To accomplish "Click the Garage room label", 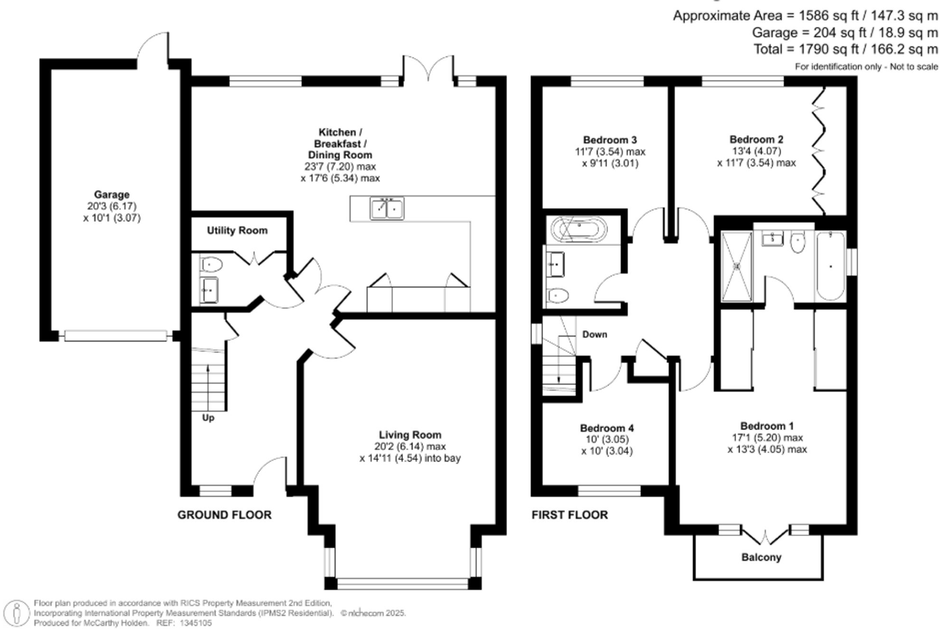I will [111, 194].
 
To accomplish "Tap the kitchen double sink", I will [387, 209].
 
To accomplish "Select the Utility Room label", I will [237, 231].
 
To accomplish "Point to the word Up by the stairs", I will [208, 418].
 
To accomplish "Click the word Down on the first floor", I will [594, 335].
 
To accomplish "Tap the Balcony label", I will [761, 557].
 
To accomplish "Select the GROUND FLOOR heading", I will [224, 515].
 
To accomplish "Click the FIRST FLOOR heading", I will [570, 515].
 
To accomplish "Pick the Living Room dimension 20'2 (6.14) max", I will [410, 446].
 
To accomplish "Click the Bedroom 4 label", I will [607, 428].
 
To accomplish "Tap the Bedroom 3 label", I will [610, 140].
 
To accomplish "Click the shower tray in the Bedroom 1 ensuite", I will [736, 266].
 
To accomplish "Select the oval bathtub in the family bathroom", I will [579, 230].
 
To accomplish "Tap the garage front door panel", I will [116, 336].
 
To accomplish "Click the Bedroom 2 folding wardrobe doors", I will [818, 150].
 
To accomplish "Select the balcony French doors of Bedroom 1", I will [765, 538].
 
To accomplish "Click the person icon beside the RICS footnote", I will [18, 613].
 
